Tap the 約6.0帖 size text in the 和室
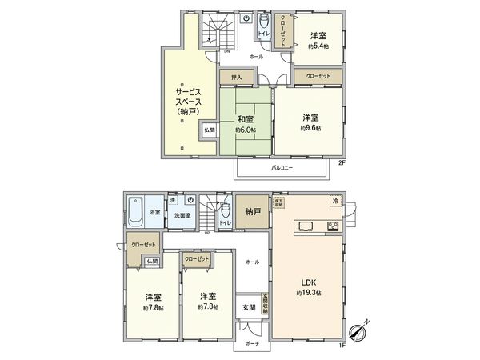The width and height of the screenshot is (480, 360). [245, 130]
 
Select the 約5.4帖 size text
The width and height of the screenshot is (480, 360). [318, 47]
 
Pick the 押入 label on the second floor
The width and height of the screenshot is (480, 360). [237, 77]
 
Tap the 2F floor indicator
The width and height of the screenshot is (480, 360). [341, 164]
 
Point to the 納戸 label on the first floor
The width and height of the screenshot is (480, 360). [253, 212]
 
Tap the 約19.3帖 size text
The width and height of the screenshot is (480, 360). [308, 294]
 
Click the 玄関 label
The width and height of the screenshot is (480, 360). [250, 307]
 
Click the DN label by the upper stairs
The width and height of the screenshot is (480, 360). [226, 50]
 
